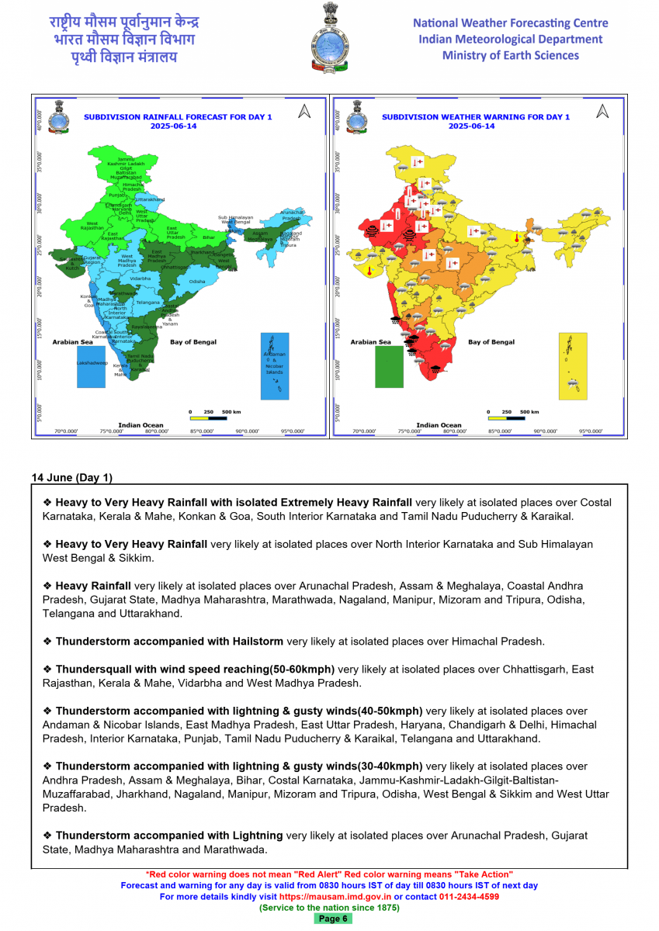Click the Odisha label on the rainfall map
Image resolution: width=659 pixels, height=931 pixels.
pos(197,281)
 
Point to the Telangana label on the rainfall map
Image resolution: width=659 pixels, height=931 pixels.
pos(147,302)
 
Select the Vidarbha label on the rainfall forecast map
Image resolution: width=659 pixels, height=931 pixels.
pos(140,278)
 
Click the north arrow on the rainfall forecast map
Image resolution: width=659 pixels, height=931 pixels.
pos(304,112)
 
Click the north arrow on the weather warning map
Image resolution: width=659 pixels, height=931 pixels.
pos(602,112)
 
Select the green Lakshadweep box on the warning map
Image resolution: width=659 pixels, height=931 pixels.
pos(389,366)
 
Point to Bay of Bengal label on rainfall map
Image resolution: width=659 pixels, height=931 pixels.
pos(193,341)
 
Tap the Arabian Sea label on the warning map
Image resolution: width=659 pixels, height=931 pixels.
pos(370,341)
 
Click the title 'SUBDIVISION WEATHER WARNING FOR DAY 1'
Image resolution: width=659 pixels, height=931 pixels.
pos(475,117)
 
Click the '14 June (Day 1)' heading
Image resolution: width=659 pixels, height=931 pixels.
pos(71,477)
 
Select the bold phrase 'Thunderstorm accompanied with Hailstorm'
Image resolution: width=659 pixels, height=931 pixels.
pos(169,642)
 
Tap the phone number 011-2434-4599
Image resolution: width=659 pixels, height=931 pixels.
pos(469,896)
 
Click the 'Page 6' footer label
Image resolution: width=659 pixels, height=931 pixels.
pos(332,919)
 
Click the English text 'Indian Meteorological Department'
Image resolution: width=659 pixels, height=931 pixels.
pos(510,39)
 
